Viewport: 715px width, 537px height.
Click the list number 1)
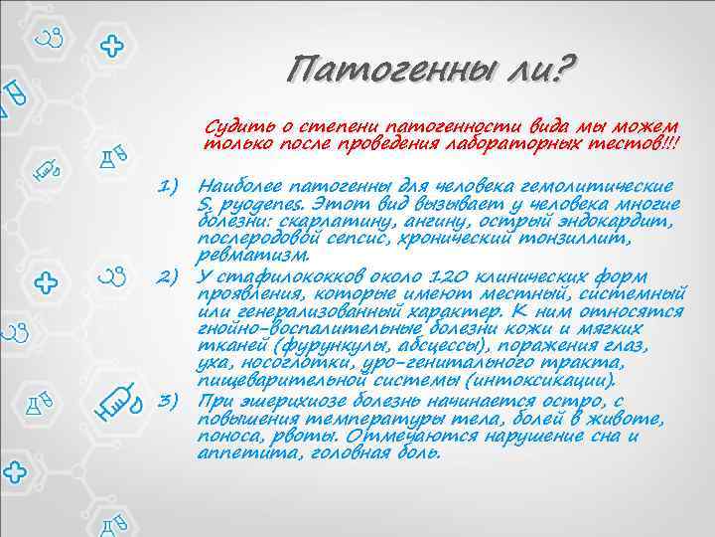177,186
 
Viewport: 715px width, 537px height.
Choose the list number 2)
177,274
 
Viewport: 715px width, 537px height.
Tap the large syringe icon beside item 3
119,399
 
